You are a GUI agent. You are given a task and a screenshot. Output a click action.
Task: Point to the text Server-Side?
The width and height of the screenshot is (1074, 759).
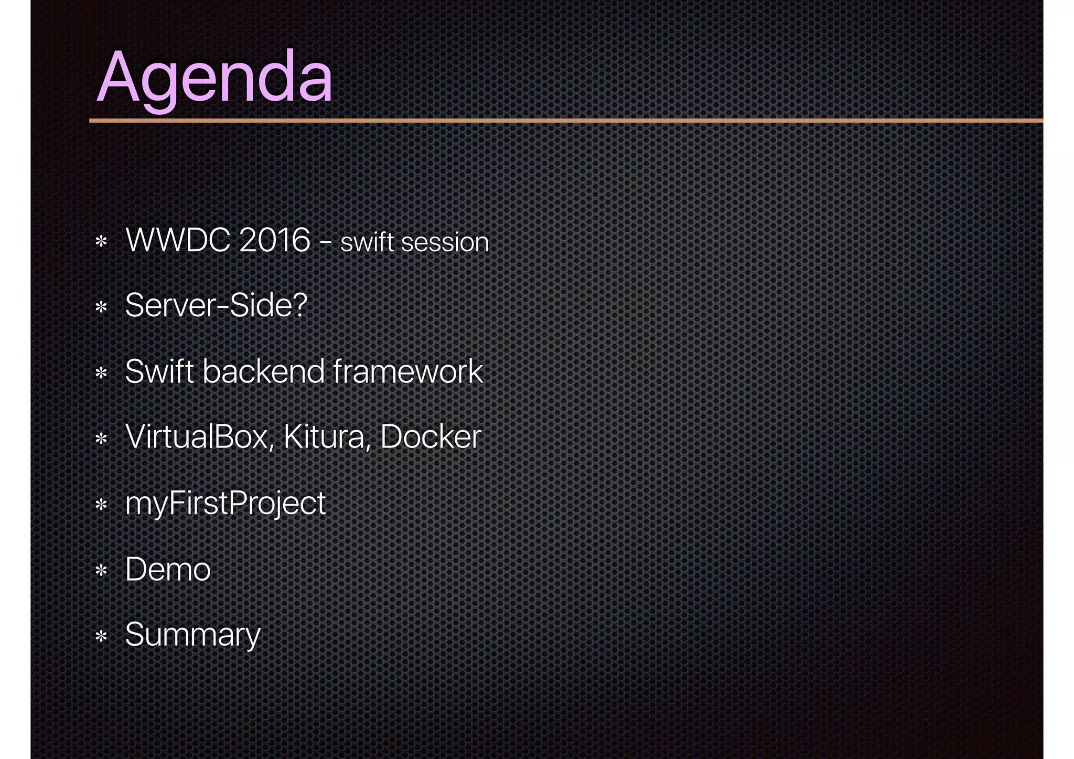pos(216,305)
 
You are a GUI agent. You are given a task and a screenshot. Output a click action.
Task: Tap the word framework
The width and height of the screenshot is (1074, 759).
pos(407,371)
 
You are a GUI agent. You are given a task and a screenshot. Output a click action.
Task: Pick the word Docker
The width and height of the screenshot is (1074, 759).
pos(431,436)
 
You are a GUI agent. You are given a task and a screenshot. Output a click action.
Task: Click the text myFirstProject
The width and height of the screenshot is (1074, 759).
pos(225,504)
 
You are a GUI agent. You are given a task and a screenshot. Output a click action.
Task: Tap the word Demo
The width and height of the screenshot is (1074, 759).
pos(168,569)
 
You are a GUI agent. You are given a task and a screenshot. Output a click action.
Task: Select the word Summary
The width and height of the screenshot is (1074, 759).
pos(192,635)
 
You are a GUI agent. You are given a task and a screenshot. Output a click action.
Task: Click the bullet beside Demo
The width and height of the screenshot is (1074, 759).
pos(101,570)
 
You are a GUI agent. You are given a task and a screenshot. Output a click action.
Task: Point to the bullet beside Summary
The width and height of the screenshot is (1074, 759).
pos(101,636)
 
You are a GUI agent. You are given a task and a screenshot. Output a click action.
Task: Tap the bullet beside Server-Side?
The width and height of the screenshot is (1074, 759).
pos(101,307)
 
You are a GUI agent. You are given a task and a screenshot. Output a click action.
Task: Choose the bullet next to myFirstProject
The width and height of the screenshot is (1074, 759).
pos(101,505)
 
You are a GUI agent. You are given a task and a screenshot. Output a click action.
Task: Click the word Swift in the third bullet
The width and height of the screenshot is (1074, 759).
pos(159,371)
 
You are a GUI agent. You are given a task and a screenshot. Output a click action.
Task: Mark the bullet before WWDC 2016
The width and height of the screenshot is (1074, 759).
pos(101,242)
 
